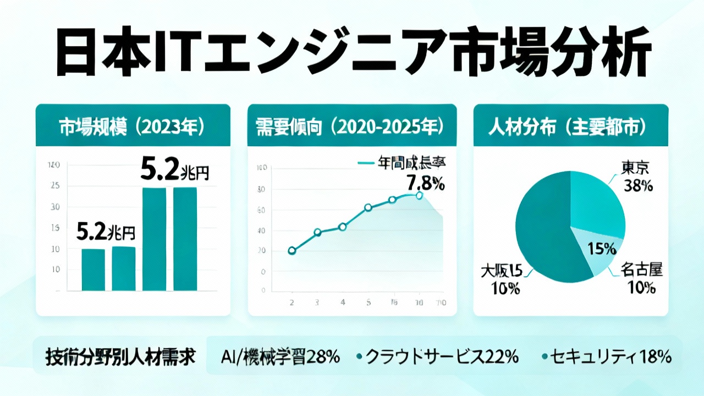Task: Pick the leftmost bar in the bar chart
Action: click(x=93, y=269)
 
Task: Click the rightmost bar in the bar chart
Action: click(x=185, y=239)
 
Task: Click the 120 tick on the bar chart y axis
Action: click(x=54, y=164)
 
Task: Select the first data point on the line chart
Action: click(x=291, y=251)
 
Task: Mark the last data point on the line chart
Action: click(x=420, y=195)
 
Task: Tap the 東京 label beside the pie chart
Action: click(x=637, y=167)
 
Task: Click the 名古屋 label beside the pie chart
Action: click(x=641, y=269)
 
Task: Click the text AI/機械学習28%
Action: click(x=279, y=357)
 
